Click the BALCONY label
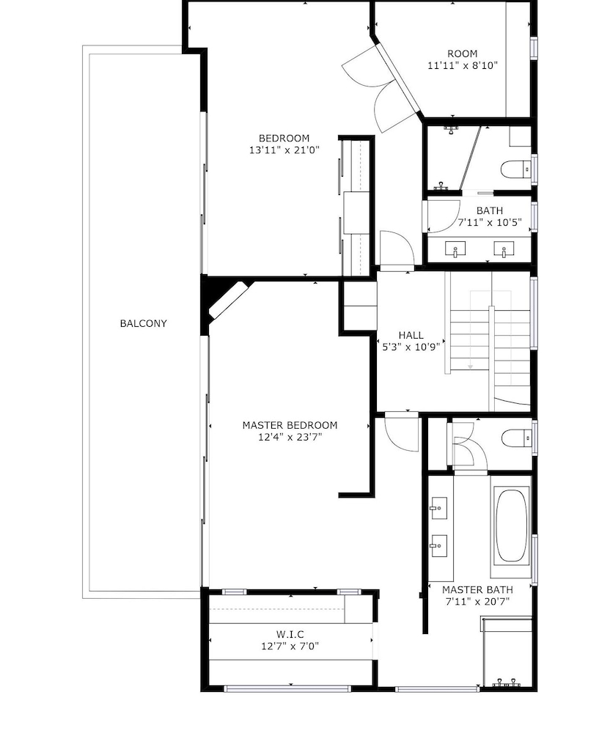point(143,323)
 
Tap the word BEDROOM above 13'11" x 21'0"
point(284,139)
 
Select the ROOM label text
point(463,54)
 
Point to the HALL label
point(411,335)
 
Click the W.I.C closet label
point(290,634)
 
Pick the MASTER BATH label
point(477,589)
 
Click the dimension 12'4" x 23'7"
point(290,437)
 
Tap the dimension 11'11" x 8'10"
point(463,65)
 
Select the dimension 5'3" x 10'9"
point(411,347)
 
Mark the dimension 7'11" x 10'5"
point(490,222)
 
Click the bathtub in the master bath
point(511,526)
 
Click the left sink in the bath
point(455,248)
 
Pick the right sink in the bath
point(504,248)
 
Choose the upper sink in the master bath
point(438,508)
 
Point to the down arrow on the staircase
point(470,366)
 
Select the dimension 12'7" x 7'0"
point(290,646)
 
